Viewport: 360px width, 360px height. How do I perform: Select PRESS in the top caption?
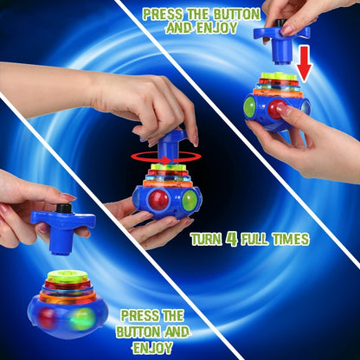click(163, 13)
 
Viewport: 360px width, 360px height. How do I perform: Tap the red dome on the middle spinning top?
click(159, 200)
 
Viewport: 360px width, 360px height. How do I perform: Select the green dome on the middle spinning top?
click(190, 200)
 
